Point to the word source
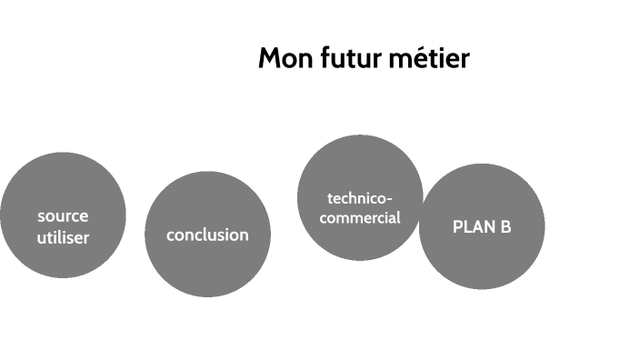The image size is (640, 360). pos(63,216)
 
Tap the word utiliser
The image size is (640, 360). pos(63,237)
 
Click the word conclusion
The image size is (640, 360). pos(207,235)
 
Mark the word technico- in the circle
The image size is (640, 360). pos(361,198)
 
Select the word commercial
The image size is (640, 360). pos(361,218)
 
